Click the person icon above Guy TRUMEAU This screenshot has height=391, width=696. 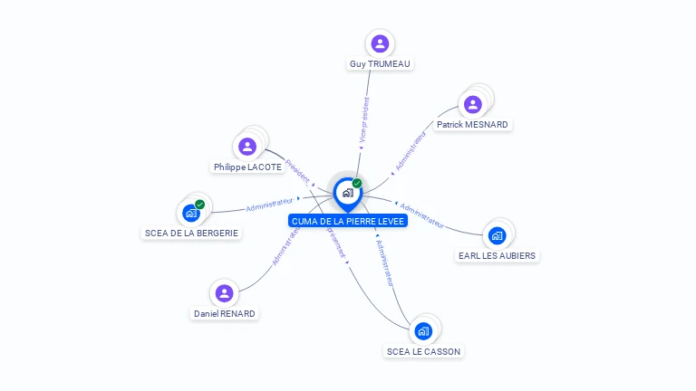(380, 43)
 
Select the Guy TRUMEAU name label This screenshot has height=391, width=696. (381, 64)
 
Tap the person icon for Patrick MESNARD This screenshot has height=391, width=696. (473, 103)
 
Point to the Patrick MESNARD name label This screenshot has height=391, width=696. (472, 124)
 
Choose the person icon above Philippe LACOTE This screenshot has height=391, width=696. (247, 146)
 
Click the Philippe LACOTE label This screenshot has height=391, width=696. (247, 167)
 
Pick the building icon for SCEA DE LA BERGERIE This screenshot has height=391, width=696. (190, 213)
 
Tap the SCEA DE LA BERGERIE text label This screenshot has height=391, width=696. (191, 233)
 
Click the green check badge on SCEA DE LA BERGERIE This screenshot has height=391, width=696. (199, 205)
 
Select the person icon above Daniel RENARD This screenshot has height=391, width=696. (224, 293)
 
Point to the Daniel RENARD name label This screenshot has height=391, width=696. (225, 314)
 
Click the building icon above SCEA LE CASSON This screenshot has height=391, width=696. (422, 331)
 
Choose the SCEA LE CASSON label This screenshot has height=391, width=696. (423, 351)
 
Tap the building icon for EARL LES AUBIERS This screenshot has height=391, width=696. (496, 235)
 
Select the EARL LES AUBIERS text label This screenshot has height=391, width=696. (497, 255)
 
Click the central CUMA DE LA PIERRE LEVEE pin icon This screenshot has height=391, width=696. (347, 193)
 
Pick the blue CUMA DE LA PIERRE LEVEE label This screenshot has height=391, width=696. (348, 221)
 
